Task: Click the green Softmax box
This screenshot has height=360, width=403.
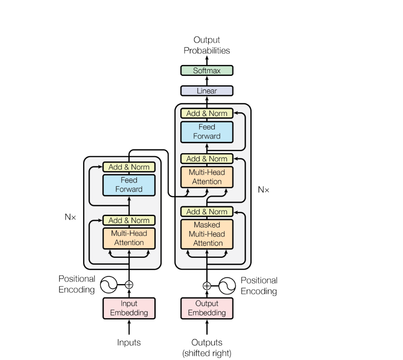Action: coord(207,70)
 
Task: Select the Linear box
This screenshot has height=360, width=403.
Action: coord(207,91)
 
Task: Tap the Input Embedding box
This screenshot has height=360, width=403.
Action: coord(129,308)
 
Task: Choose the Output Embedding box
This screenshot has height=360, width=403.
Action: coord(207,308)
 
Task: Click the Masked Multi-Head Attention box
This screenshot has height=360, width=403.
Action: coord(207,234)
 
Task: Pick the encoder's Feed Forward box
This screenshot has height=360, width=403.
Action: coord(129,184)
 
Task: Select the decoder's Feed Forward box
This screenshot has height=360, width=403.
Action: coord(207,131)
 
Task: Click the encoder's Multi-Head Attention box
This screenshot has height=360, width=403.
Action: coord(129,238)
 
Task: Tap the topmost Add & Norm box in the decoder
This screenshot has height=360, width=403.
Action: coord(207,113)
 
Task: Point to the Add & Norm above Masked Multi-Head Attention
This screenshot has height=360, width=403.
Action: coord(207,211)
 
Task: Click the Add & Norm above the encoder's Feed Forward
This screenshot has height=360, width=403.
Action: coord(129,167)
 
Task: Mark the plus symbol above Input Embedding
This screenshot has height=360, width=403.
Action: coord(129,285)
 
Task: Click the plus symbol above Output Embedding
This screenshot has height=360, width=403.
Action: coord(207,286)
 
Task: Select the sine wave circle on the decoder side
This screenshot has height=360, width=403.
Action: coord(227,286)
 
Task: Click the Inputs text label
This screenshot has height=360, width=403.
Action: coord(129,342)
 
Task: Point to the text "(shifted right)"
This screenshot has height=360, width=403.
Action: coord(207,353)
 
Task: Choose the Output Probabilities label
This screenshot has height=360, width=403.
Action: coord(207,45)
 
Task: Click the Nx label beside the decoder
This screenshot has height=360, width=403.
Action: coord(263,190)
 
